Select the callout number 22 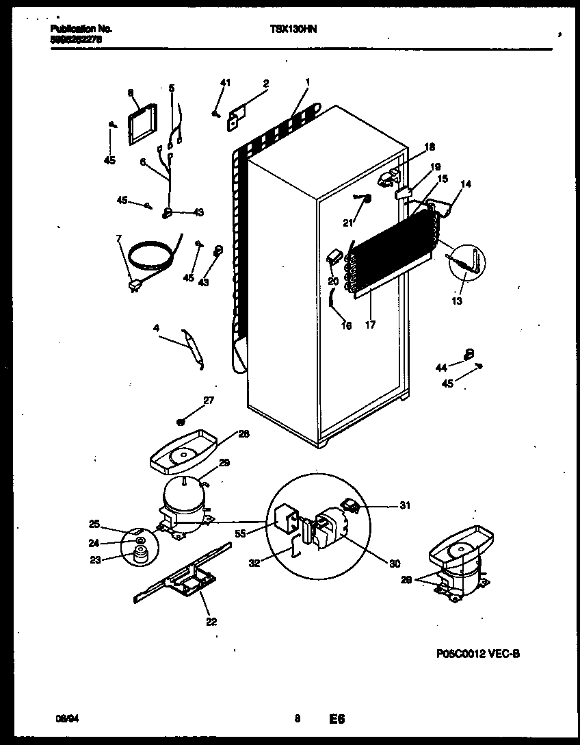coord(211,622)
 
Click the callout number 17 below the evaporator coord(370,325)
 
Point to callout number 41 coord(225,83)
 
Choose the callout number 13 coord(457,301)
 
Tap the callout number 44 coord(440,368)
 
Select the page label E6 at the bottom coord(336,719)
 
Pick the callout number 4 coord(156,327)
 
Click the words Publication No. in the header coord(81,29)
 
